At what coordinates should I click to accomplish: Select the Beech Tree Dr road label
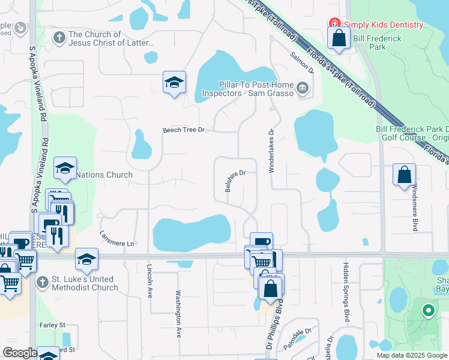pos(184,130)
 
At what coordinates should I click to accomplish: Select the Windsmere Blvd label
pos(414,208)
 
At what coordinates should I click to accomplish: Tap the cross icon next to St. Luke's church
pos(42,282)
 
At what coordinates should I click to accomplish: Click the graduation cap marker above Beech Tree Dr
pos(174,83)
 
